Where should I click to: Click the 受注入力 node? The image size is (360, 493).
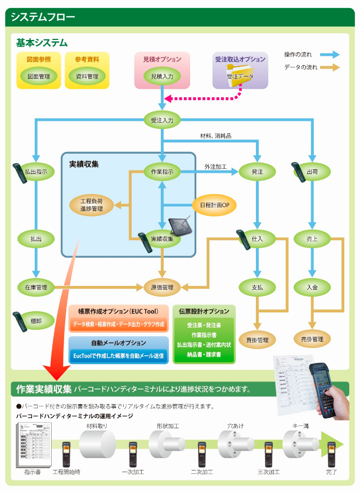[162, 120]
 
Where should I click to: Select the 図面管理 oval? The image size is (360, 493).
[39, 76]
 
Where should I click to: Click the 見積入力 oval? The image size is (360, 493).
[162, 75]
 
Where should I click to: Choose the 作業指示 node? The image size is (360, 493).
[162, 171]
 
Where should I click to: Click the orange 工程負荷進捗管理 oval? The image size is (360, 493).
[91, 205]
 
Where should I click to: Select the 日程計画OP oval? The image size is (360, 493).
[214, 205]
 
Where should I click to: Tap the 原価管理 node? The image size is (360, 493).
[162, 287]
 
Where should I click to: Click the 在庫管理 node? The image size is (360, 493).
[35, 287]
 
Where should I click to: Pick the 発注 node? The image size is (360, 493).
[257, 171]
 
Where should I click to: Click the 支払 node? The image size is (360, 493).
[257, 287]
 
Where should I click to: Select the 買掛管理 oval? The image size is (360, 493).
[257, 339]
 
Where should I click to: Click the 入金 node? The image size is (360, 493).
[312, 287]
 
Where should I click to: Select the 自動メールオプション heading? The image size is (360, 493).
[118, 343]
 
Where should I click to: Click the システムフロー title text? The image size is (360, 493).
[43, 17]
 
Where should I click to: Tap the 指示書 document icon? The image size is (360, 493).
[33, 445]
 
